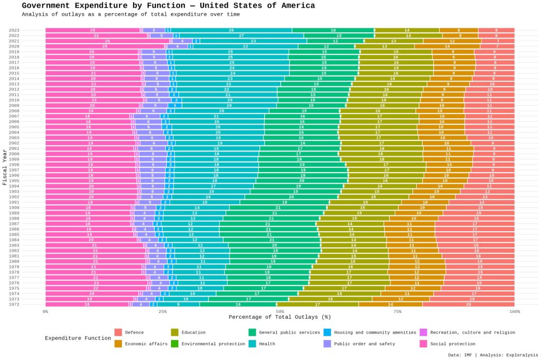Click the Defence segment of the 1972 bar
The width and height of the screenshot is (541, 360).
tap(468, 304)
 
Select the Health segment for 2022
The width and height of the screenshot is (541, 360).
tap(241, 35)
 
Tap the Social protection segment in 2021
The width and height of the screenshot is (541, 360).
tap(107, 41)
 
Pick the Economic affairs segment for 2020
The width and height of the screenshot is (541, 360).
tap(447, 46)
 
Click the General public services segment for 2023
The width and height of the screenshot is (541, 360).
tap(333, 30)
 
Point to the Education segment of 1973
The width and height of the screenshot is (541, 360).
tap(330, 299)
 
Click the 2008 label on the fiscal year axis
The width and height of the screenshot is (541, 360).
tap(14, 111)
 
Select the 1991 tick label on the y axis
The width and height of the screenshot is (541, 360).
tap(14, 202)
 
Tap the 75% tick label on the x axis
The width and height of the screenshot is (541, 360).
tap(397, 311)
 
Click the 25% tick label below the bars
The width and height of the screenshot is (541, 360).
tap(163, 311)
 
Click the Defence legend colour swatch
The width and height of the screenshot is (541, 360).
tap(118, 332)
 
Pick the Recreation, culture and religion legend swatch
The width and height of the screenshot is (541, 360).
tap(423, 332)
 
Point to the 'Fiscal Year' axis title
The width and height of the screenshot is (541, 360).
tap(5, 167)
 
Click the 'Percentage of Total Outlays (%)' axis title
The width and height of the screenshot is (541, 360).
tap(279, 317)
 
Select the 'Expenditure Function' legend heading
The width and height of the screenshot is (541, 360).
tap(78, 338)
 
